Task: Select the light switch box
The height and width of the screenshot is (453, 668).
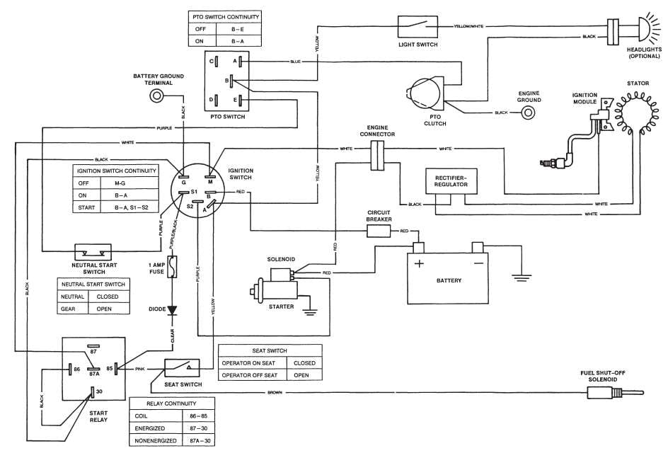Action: click(x=418, y=26)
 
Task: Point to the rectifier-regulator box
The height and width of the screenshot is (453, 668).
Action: click(x=451, y=181)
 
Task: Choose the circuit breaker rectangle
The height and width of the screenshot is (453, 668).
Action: click(x=379, y=231)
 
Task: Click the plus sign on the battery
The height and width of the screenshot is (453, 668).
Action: click(x=419, y=263)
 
